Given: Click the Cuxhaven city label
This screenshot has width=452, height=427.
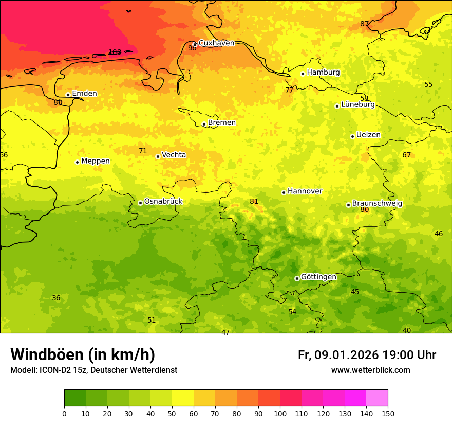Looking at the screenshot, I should [x=216, y=43].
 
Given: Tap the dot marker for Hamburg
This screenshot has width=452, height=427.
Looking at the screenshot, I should [x=303, y=74].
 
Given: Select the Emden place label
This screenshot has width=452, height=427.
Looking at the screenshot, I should [x=84, y=93].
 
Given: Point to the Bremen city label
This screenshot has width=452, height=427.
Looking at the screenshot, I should [x=222, y=122].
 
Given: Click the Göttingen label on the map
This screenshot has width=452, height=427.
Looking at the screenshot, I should [x=318, y=277].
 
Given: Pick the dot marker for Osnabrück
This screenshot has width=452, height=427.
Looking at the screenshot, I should [x=140, y=203].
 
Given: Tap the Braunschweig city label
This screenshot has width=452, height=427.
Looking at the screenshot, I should [x=377, y=203].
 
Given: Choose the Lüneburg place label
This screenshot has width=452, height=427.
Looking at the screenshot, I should [x=358, y=104].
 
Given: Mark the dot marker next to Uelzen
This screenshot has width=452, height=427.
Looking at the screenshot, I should [x=352, y=136].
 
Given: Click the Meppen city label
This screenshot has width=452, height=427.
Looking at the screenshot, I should [x=96, y=161].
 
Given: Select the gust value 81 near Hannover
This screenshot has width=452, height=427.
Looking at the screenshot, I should [x=254, y=201].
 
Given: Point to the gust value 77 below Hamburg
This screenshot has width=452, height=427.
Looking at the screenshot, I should [x=289, y=90].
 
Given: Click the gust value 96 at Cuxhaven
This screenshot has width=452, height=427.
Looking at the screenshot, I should [x=192, y=48].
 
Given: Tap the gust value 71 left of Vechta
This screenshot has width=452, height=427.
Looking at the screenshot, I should [x=143, y=151].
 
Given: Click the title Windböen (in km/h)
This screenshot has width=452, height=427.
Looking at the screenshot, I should [x=83, y=354].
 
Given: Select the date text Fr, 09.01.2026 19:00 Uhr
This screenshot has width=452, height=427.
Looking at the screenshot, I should [x=367, y=355].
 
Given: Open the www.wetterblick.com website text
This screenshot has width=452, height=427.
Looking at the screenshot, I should [x=370, y=370].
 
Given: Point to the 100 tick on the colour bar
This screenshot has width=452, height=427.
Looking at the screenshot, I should [x=280, y=413].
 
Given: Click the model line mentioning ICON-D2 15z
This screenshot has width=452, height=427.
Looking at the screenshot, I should [x=93, y=370].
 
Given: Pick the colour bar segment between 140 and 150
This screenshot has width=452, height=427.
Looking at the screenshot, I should [x=377, y=398].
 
